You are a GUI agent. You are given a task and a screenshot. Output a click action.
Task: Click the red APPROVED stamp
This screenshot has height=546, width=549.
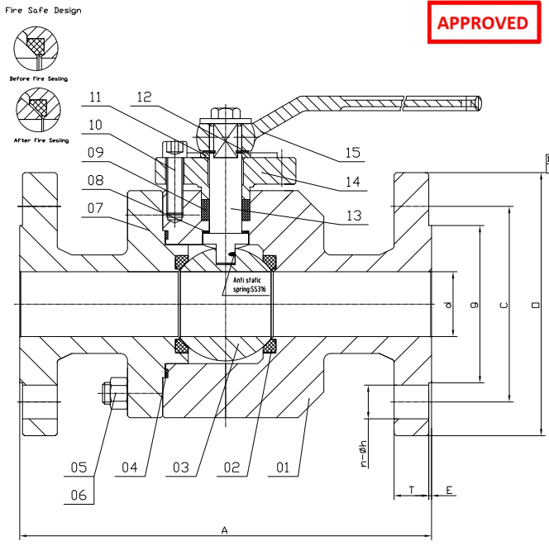tap(482, 22)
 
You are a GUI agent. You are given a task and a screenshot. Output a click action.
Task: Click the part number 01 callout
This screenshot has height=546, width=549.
tap(283, 468)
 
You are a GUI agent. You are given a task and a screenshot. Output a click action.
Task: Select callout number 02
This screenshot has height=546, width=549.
tap(232, 468)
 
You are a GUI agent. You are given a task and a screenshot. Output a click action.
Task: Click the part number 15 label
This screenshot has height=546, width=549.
tap(353, 153)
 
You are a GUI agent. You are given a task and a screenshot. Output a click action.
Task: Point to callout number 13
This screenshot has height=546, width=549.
tap(353, 216)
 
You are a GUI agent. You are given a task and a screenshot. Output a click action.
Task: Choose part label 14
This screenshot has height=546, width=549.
tap(353, 183)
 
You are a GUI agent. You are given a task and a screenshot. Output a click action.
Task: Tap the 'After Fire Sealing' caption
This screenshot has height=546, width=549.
tap(39, 140)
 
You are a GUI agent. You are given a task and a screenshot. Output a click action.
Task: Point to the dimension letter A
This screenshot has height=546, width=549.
tap(224, 530)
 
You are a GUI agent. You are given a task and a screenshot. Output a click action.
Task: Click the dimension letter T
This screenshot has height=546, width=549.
tap(412, 490)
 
